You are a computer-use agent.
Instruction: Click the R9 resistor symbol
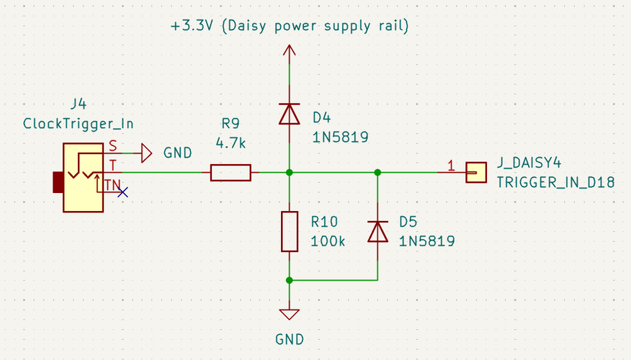pos(231,173)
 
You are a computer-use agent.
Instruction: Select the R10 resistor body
pos(290,231)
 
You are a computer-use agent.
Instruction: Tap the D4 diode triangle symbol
pos(290,114)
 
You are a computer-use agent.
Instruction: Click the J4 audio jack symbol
pos(83,177)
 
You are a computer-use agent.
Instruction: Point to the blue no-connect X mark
pos(123,192)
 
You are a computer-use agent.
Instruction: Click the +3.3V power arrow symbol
pos(290,51)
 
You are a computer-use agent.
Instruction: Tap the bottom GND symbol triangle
pos(290,314)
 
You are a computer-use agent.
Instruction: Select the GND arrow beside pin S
pos(146,153)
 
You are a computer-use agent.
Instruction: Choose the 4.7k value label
pos(231,143)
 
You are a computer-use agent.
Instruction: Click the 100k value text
pos(328,241)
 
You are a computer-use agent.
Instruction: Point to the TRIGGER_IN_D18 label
pos(555,183)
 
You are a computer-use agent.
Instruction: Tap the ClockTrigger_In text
pos(79,123)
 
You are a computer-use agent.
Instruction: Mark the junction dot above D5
pos(377,173)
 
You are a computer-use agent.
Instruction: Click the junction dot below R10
pos(290,280)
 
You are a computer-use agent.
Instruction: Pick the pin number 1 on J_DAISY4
pos(451,166)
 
